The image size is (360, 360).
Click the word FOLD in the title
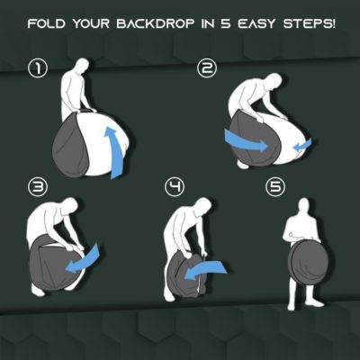coord(48,19)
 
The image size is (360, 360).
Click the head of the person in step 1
coord(83,66)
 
